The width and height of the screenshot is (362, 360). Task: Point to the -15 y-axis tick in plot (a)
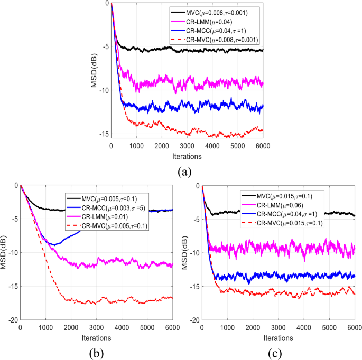(101, 134)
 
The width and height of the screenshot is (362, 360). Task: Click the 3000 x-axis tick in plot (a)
(187, 146)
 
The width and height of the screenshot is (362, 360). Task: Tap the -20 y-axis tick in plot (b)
(11, 320)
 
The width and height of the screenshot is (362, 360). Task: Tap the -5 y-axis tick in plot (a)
(104, 46)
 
